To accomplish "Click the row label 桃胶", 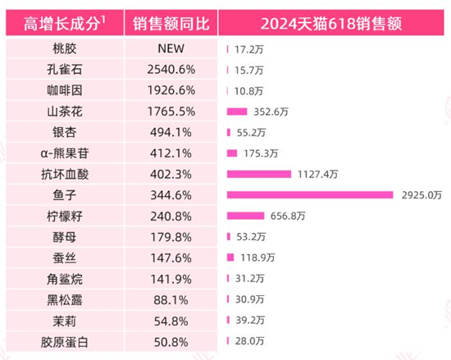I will pyautogui.click(x=63, y=48).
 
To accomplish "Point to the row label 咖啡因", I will pyautogui.click(x=63, y=90).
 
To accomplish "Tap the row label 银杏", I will pyautogui.click(x=63, y=132).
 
